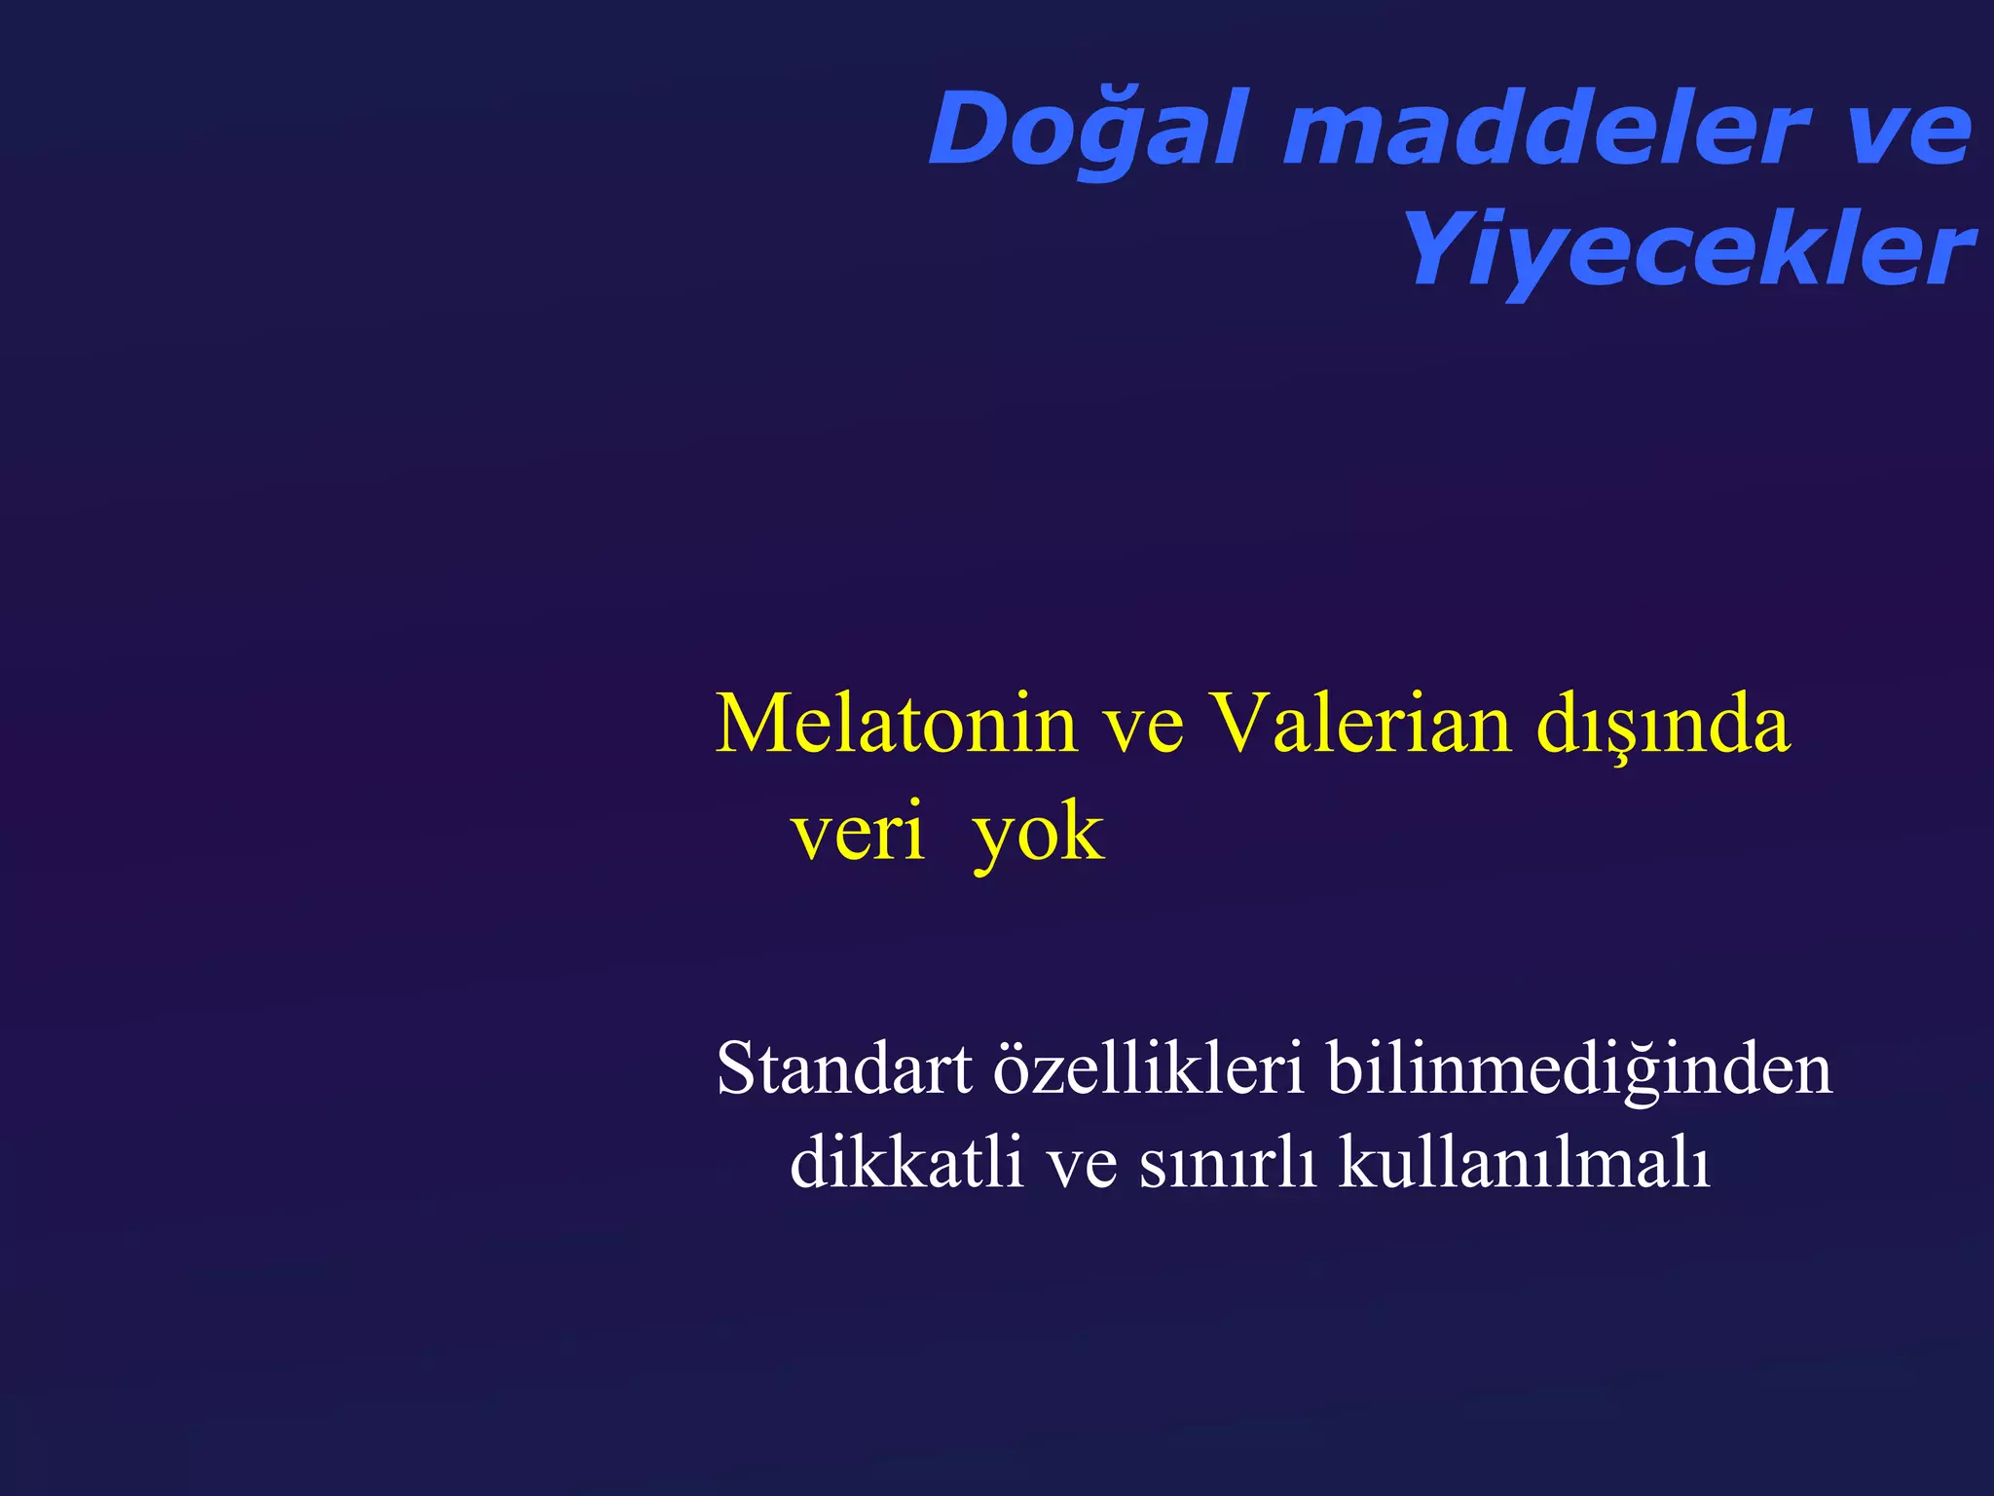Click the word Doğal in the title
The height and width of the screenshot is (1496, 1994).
[1087, 130]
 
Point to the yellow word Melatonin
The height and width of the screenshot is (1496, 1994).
[896, 725]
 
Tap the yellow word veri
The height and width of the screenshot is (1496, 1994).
[857, 834]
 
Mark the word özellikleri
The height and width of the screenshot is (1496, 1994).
[1148, 1069]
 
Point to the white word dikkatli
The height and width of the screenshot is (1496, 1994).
[905, 1161]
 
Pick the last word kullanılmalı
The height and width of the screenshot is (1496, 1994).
[1524, 1161]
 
